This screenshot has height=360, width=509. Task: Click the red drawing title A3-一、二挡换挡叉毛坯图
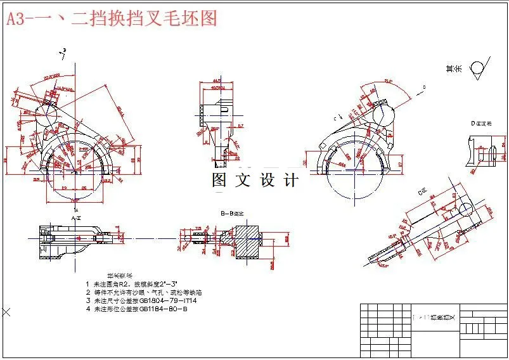[x=112, y=18]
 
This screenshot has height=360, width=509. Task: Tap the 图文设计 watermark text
[x=255, y=180]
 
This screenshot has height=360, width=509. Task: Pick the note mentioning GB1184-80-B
[x=136, y=309]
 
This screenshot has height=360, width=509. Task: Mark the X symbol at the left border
[x=6, y=312]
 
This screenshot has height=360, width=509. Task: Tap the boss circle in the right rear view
[x=385, y=115]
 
